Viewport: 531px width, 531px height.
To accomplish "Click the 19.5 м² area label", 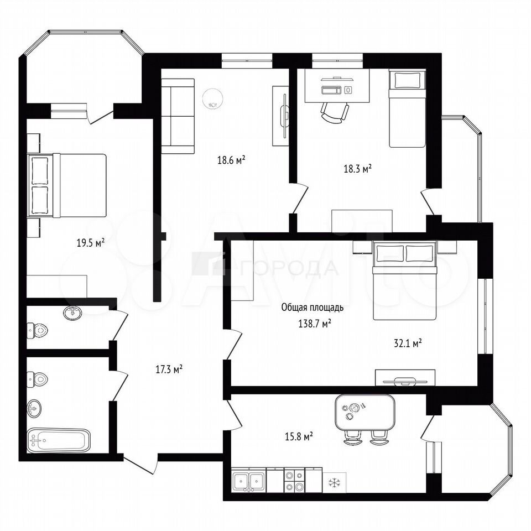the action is coord(90,243).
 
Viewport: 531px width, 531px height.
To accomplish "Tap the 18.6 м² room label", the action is coord(231,160).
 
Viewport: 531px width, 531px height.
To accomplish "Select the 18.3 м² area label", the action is coord(358,169).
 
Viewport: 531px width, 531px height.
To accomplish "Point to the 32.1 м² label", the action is coord(408,343).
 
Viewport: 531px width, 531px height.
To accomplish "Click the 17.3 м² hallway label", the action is coord(169,369).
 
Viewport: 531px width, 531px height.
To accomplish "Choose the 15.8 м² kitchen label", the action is coord(298,436).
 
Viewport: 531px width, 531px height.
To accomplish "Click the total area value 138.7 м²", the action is coord(315,324).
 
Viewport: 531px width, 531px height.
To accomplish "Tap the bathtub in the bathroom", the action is coord(59,441).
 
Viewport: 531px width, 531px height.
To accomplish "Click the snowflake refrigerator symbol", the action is coord(334,482).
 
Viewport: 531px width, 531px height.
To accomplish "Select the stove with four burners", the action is coord(294,480).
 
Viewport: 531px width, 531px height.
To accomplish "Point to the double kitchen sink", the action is coord(248,480).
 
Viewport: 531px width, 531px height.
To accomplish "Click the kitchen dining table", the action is coord(365,412).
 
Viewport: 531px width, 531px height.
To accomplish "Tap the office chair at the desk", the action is coord(335,113).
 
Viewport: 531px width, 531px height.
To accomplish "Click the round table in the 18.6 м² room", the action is coord(212,98).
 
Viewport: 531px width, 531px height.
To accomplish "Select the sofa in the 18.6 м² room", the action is coord(178,116).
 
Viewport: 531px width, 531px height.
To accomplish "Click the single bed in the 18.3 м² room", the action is coord(407,108).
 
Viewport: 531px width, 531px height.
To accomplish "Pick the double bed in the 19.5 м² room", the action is coord(67,185).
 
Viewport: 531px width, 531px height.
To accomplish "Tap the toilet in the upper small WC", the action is coord(37,330).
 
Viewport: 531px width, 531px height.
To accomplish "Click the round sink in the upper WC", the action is coord(72,313).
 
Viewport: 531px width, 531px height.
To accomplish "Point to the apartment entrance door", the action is coord(140,464).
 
